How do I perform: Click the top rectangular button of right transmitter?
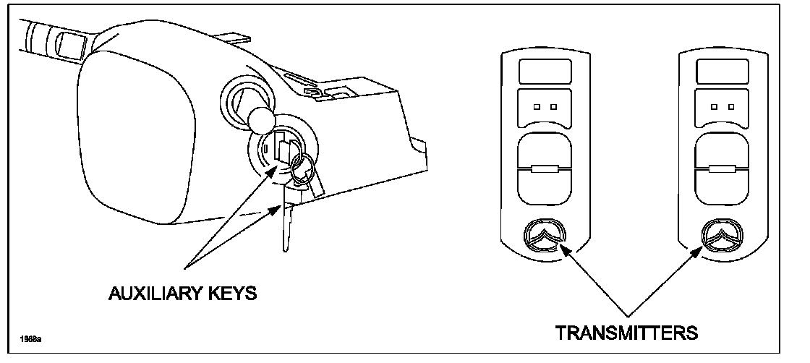(722, 72)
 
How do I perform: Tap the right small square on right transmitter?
(731, 106)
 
